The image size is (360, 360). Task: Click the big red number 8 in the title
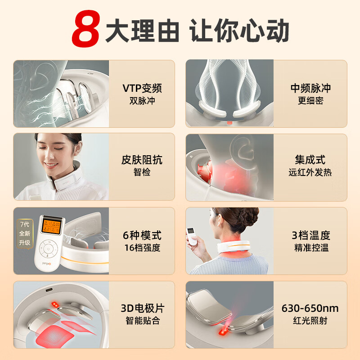pos(86,29)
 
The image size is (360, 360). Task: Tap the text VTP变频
pos(142,88)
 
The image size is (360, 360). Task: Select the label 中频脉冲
pos(310,88)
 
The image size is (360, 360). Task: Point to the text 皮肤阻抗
pos(142,160)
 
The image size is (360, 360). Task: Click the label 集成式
pos(310,160)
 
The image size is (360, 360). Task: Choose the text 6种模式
pos(142,235)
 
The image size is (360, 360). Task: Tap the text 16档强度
pos(142,248)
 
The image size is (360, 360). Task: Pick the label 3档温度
pos(311,235)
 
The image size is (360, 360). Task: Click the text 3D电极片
pos(142,308)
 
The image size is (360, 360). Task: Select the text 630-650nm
pos(310,308)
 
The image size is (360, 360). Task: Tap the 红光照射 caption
pos(310,321)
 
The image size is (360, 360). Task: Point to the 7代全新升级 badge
pos(25,234)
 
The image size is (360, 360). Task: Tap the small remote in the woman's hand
pos(192,236)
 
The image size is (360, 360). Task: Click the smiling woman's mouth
pos(51,165)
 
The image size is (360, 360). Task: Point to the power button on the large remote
pos(48,249)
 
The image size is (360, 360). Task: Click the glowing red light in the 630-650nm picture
pos(222,332)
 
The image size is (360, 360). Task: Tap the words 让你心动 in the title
pos(239,30)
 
